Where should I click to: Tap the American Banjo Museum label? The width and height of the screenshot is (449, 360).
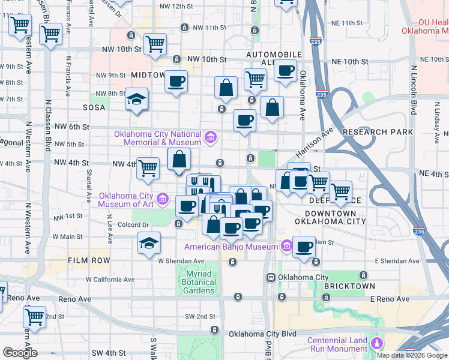tap(231, 247)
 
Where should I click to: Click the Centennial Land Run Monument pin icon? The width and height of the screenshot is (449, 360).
tap(378, 343)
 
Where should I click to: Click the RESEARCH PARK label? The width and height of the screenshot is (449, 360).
tap(378, 131)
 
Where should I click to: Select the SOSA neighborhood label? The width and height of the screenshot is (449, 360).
tap(95, 107)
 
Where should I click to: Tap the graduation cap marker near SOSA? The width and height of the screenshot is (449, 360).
tap(137, 99)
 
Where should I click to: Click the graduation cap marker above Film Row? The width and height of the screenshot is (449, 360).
tap(149, 243)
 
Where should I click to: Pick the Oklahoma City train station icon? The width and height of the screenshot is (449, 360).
tap(271, 277)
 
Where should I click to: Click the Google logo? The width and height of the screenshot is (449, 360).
tap(19, 352)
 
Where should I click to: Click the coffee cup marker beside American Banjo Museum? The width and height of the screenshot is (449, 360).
tap(304, 247)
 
